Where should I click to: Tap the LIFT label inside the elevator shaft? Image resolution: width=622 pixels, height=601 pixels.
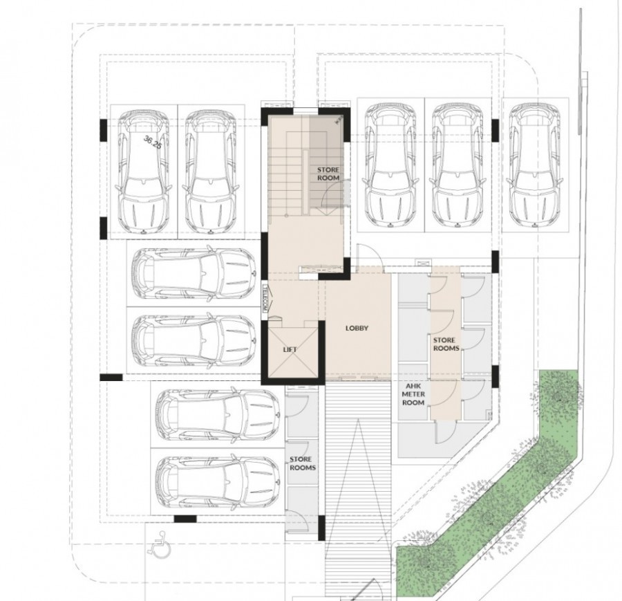pos(290,350)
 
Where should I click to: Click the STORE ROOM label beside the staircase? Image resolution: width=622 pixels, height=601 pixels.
pos(328,173)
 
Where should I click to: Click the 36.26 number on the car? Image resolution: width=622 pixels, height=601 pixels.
pos(152,143)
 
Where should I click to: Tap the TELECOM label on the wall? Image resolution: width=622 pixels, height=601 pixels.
pos(264,300)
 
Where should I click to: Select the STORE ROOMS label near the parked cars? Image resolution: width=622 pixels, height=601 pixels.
pos(303,463)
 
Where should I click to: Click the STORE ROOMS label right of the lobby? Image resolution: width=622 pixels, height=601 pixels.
pos(444,344)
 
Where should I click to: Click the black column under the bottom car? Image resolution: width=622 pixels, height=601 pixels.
pos(185,519)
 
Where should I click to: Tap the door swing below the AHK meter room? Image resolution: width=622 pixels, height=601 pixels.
pos(445,434)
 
